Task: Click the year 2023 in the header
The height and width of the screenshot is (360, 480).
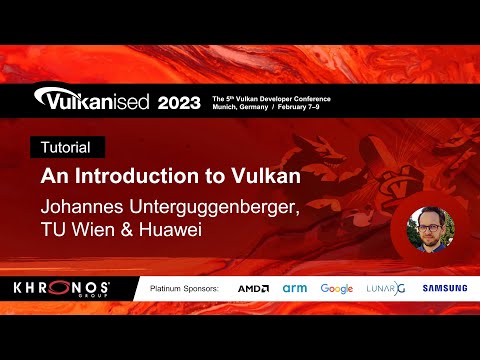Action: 172,103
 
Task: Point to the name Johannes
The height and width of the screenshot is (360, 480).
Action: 79,207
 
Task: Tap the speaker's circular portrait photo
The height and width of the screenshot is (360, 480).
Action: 430,230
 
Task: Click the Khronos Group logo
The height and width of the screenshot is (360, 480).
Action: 62,288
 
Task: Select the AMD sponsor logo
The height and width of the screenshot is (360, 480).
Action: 253,288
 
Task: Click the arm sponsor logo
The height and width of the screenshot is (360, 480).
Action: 294,288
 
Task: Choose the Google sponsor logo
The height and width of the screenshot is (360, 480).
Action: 337,288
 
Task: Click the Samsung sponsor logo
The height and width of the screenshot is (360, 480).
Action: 445,288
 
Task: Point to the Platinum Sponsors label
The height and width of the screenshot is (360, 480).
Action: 184,288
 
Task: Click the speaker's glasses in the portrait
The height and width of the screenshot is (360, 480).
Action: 431,226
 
